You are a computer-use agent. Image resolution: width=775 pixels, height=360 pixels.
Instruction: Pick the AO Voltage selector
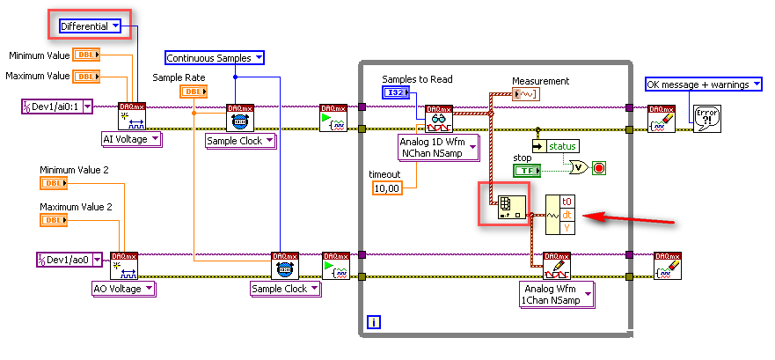click(x=124, y=288)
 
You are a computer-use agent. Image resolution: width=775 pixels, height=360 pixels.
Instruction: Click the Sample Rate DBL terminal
click(x=194, y=92)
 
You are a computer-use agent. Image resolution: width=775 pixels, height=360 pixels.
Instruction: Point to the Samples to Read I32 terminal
click(x=396, y=92)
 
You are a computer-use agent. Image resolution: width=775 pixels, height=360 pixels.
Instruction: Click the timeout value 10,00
click(x=386, y=188)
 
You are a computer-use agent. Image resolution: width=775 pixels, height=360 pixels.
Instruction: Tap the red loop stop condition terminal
click(x=599, y=167)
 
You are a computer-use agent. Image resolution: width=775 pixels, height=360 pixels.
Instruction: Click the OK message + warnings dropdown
click(x=703, y=84)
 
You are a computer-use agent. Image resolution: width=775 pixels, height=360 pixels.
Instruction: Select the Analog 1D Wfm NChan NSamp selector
click(x=438, y=147)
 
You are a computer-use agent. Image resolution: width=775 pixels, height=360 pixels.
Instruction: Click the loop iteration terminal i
click(x=374, y=322)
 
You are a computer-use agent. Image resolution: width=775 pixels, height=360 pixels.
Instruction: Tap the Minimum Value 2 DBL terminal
click(x=54, y=183)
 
